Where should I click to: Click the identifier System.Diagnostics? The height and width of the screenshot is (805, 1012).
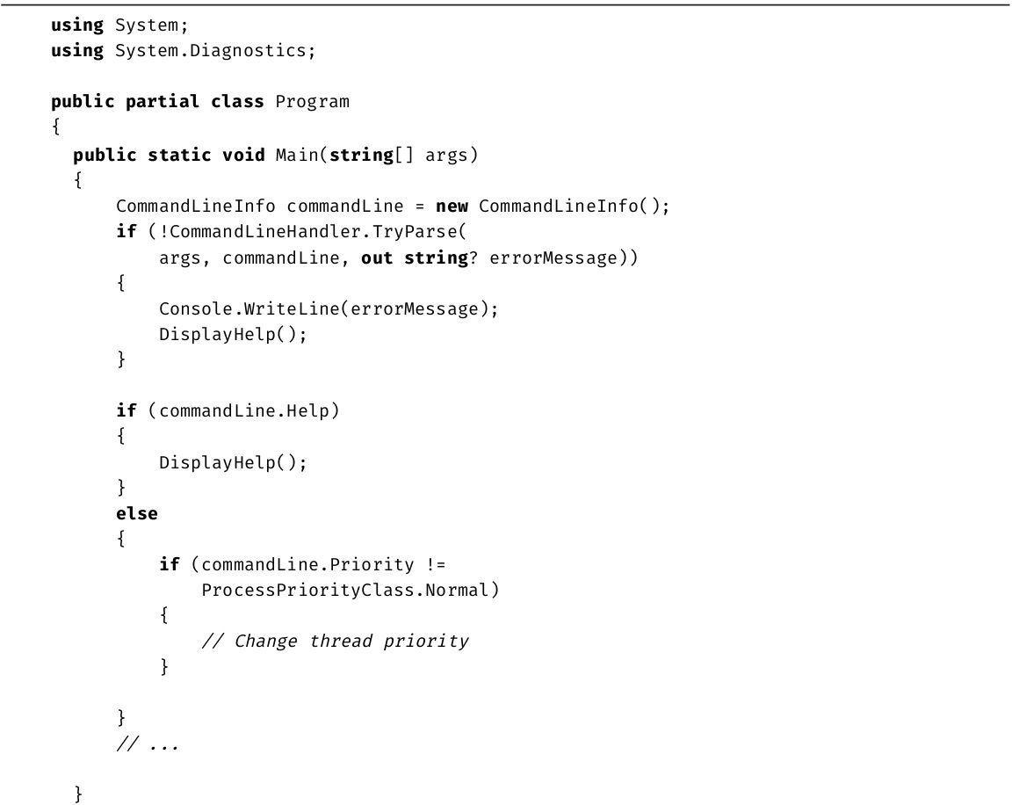(211, 51)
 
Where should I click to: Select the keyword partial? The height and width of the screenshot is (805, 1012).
(162, 102)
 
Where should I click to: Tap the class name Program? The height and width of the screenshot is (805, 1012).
(313, 102)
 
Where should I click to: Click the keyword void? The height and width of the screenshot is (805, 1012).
(243, 155)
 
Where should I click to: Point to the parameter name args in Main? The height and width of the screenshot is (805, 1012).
(446, 156)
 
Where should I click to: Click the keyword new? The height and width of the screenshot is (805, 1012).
(452, 207)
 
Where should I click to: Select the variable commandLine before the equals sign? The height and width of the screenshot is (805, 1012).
(345, 207)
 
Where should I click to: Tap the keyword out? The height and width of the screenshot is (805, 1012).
(377, 258)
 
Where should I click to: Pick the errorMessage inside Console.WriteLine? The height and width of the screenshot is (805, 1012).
(415, 309)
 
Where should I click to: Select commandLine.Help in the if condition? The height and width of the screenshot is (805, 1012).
(244, 411)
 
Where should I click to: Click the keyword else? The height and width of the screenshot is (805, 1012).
(137, 514)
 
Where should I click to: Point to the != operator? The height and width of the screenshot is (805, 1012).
(436, 565)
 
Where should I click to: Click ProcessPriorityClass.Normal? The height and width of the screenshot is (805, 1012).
(345, 591)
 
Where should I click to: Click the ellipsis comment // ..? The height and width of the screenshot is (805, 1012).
(148, 744)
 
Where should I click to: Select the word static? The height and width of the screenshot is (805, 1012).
(179, 155)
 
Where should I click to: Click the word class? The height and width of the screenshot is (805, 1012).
(237, 102)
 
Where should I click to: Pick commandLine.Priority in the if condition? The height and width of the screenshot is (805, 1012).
(307, 565)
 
